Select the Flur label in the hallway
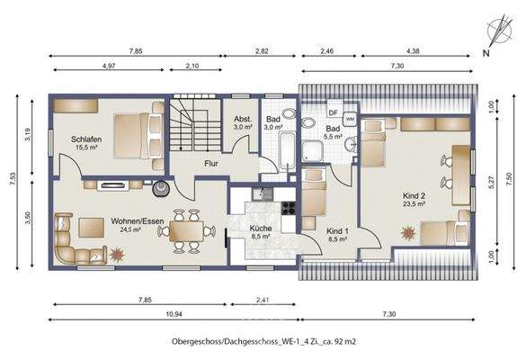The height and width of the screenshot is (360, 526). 212,165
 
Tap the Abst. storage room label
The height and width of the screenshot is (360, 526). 243,119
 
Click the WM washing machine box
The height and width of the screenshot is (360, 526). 349,118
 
